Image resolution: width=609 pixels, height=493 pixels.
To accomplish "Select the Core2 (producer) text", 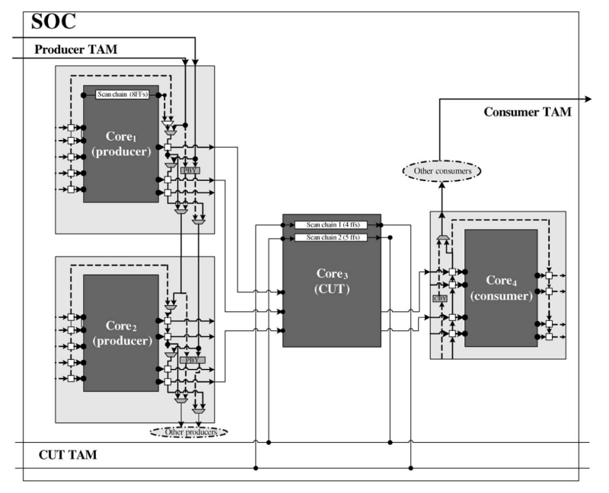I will [x=120, y=334].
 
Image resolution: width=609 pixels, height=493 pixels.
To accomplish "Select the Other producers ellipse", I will [x=189, y=432].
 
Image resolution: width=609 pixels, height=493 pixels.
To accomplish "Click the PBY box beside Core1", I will [x=188, y=171].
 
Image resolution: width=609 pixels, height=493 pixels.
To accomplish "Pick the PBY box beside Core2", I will [x=189, y=359].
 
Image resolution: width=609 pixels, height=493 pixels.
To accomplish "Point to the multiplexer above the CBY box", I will [x=442, y=240].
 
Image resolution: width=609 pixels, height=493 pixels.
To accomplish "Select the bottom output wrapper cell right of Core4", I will [x=549, y=336].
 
